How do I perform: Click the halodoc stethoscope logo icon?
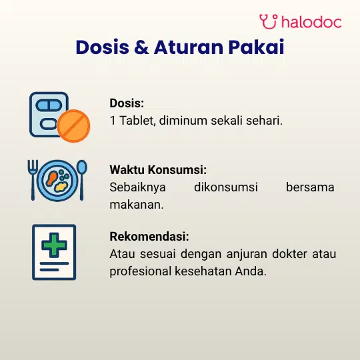point(269,21)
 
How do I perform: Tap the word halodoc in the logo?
point(311,22)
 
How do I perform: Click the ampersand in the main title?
point(141,47)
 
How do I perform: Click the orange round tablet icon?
point(73,126)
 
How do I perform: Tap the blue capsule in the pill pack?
point(49,105)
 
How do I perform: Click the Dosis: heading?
point(127,103)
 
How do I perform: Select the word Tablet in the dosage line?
point(137,120)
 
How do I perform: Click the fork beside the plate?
point(33,180)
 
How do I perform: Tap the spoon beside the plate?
point(82,180)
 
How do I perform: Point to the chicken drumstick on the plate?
point(51,178)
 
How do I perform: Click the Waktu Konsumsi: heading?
point(158,170)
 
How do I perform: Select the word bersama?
point(310,187)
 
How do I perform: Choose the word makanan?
point(137,205)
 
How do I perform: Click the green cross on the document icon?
point(54,245)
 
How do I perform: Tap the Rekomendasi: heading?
point(149,237)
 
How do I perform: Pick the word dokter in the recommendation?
point(289,254)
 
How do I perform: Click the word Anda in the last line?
point(251,271)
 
